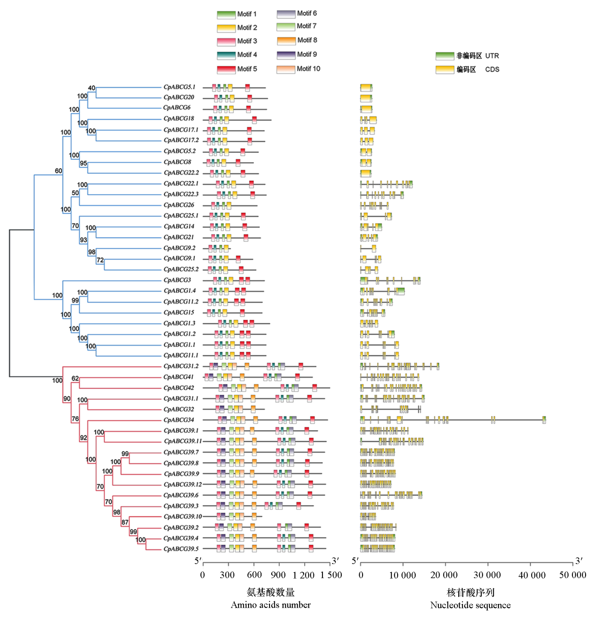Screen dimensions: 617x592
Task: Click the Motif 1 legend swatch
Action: [226, 15]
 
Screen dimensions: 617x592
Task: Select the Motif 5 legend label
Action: [247, 69]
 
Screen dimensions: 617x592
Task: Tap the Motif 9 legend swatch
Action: [286, 55]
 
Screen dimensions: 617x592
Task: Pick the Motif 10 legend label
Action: [308, 69]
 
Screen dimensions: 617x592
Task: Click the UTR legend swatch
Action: [445, 56]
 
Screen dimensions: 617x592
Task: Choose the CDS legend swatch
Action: [445, 70]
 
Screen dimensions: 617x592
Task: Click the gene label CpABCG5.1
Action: [179, 87]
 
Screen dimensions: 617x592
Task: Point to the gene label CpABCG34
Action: [179, 420]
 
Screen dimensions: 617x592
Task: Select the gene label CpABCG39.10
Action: [182, 517]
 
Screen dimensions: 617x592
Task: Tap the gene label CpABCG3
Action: [177, 280]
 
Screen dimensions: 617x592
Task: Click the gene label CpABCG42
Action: [179, 388]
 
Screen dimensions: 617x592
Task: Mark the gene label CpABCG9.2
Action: [179, 248]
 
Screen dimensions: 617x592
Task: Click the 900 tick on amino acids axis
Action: [278, 575]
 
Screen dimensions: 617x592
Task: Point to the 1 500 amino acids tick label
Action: [331, 575]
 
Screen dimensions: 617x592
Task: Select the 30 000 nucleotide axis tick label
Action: [487, 575]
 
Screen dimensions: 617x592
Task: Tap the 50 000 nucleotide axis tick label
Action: [572, 575]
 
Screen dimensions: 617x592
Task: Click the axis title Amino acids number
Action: [270, 605]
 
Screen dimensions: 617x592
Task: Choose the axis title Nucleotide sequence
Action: [470, 605]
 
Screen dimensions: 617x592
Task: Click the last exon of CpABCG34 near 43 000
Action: [544, 420]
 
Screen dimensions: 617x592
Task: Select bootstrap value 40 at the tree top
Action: [92, 88]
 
